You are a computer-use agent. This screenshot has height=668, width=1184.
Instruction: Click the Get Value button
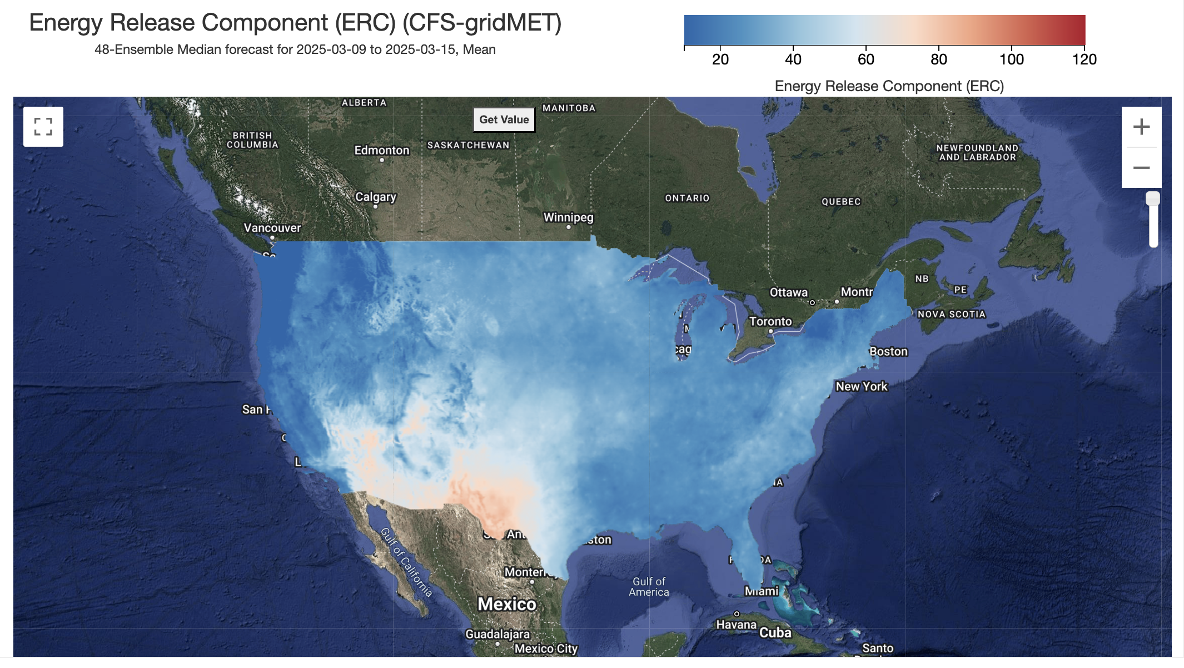[x=504, y=119]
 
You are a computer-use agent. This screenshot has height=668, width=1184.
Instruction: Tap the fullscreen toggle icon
[x=43, y=127]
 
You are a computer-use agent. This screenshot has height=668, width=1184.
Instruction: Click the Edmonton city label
[x=381, y=150]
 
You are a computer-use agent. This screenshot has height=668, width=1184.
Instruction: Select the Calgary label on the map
[x=376, y=197]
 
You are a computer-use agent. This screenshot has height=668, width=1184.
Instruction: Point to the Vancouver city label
[x=272, y=228]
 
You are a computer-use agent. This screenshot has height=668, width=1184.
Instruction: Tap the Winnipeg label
[x=568, y=217]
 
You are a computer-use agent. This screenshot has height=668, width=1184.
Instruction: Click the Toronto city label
[x=770, y=321]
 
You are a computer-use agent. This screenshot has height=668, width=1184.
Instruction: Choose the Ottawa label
[x=788, y=292]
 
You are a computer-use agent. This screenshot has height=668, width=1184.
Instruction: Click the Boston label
[x=888, y=351]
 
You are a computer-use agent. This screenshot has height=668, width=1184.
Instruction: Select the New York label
[x=861, y=386]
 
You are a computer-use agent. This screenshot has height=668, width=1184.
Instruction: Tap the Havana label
[x=736, y=625]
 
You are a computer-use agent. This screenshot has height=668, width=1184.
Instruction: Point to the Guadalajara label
[x=497, y=634]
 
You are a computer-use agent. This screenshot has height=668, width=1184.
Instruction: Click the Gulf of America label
[x=649, y=587]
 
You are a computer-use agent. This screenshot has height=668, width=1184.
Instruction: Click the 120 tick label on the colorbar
[x=1084, y=59]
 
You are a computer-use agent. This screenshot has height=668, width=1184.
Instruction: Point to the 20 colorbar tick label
[x=720, y=59]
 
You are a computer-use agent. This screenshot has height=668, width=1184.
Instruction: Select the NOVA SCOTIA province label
[x=951, y=315]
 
